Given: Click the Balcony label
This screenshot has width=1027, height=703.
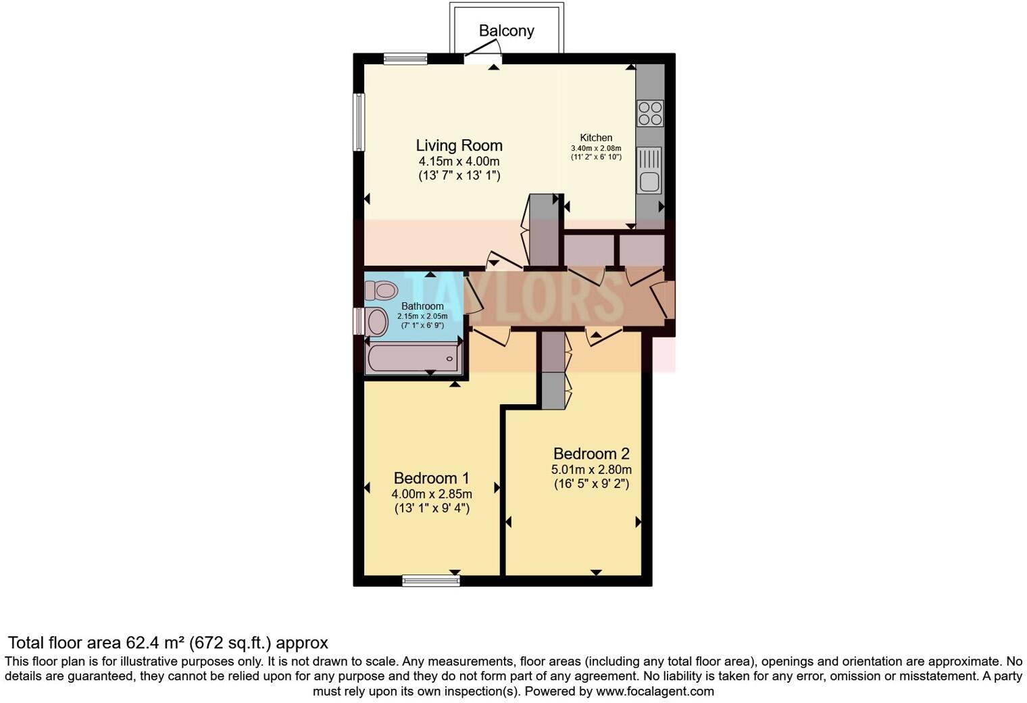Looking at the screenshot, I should pos(506,30).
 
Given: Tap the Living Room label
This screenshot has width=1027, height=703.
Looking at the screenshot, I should pos(459,145).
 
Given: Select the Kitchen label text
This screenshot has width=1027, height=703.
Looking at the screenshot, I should pos(596,138).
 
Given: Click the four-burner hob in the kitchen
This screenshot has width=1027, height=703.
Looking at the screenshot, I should pos(650,114).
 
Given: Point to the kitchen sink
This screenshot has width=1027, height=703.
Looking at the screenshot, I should pos(650,180).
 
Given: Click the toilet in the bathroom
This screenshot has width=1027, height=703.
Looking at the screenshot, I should pos(380,291).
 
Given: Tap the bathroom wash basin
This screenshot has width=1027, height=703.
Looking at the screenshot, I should pos(376,322).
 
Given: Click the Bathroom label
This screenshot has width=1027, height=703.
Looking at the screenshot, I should pos(422,306).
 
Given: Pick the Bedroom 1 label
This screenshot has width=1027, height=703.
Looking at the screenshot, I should pos(431,478).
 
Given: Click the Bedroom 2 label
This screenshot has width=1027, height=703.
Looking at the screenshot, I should pos(591,454).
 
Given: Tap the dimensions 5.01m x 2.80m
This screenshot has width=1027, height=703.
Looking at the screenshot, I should pos(591,470).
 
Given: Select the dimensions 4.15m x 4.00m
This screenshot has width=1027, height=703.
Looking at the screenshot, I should pos(459,162).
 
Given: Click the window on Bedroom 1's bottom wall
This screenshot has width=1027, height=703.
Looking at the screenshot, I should pos(430,580).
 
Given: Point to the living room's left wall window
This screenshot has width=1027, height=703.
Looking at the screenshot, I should pos(359,122).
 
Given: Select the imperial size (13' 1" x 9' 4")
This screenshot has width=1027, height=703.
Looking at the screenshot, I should pos(432,508).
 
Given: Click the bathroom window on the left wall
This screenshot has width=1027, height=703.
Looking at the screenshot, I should pos(358,321).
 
